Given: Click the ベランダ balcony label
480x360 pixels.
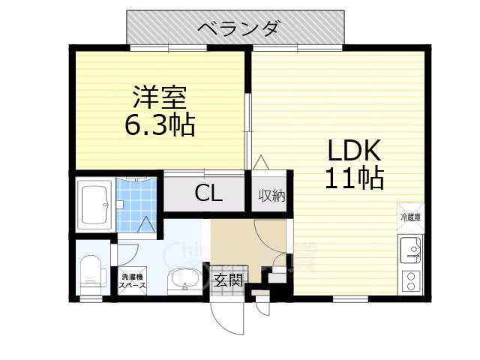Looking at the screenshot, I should [x=238, y=28].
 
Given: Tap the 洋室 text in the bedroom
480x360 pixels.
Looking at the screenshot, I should [x=160, y=98].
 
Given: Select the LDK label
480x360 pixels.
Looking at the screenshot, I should [x=354, y=150].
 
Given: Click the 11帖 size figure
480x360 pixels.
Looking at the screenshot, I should [x=354, y=178].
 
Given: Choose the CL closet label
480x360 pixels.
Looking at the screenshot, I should [x=208, y=193].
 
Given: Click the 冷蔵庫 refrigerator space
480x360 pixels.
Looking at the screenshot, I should [x=410, y=215].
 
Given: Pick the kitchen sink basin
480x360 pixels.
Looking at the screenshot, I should [x=411, y=248].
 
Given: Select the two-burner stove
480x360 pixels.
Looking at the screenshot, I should [x=411, y=280].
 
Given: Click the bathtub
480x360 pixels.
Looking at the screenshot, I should [x=95, y=201].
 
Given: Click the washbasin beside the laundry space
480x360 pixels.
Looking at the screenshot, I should [x=183, y=280].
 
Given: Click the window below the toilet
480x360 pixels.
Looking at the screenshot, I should [x=91, y=298].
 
